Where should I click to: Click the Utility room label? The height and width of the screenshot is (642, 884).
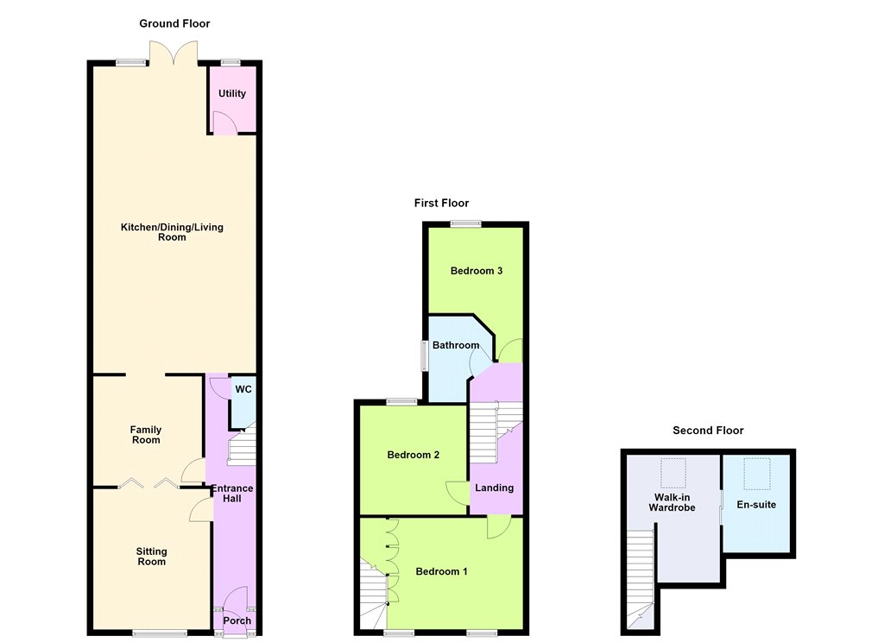coord(232,93)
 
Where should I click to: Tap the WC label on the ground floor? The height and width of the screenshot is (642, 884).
coord(243,389)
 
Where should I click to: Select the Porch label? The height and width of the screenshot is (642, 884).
coord(237,620)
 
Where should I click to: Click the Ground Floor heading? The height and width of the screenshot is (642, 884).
coord(174,23)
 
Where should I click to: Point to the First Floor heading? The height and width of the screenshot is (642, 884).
coord(441,203)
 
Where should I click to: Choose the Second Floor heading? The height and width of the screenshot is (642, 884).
coord(708,431)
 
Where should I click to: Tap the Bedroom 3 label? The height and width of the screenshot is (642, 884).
coord(477,271)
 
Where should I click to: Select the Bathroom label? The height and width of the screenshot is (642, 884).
coord(456,345)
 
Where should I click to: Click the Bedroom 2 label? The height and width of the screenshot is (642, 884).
coord(414,455)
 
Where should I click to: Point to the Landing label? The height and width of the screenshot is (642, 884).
coord(495,488)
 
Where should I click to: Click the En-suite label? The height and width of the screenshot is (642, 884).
coord(756,505)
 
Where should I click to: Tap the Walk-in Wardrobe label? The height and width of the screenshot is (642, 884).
coord(672,503)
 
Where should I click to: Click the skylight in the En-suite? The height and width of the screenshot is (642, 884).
coord(756,474)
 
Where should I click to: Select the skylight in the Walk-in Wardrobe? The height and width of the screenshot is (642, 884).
coord(673,473)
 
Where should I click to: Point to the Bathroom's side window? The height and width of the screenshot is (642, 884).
coord(424,356)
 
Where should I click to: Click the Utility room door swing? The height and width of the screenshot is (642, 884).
coord(225,123)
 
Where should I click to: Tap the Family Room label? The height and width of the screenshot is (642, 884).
coord(146,435)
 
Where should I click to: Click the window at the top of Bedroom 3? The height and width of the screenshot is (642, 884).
coord(465,223)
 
